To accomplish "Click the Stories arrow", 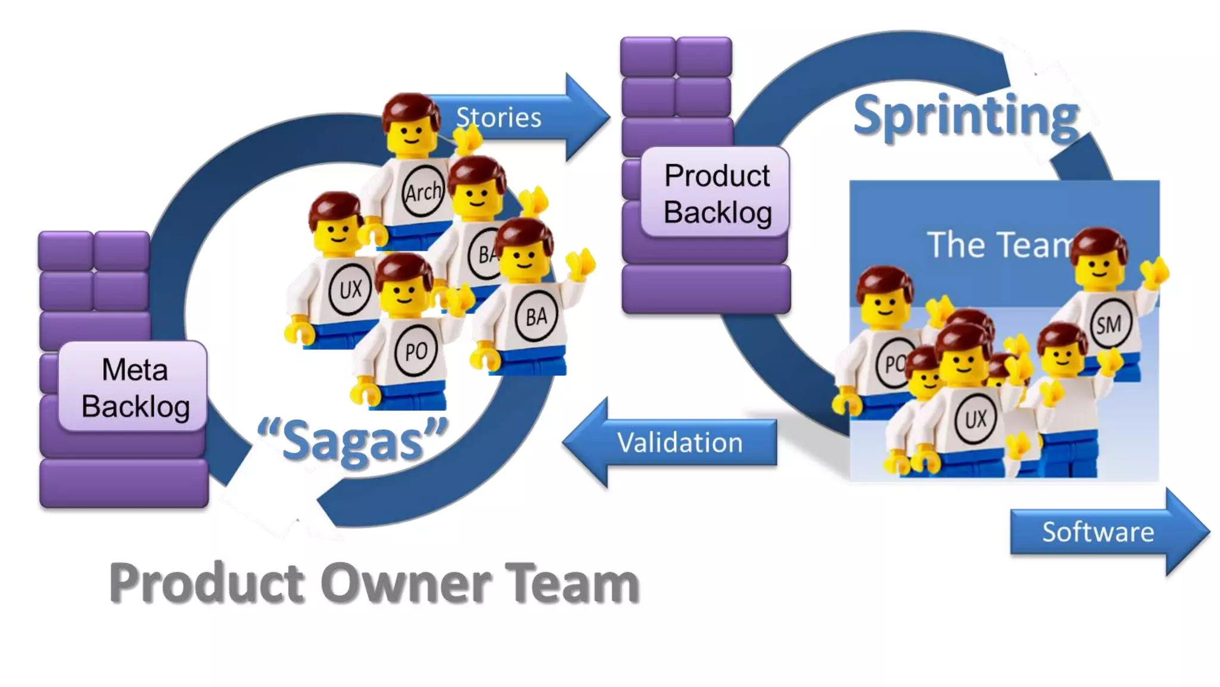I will coord(512,117).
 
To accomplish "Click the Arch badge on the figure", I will coord(423,192).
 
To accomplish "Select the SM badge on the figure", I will coord(1109,325).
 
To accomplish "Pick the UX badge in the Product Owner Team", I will coord(350,289).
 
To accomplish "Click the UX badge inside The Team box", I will coord(975,419).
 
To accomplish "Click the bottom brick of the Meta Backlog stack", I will coord(124,483).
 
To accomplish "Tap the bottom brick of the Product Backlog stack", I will coord(706,289).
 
